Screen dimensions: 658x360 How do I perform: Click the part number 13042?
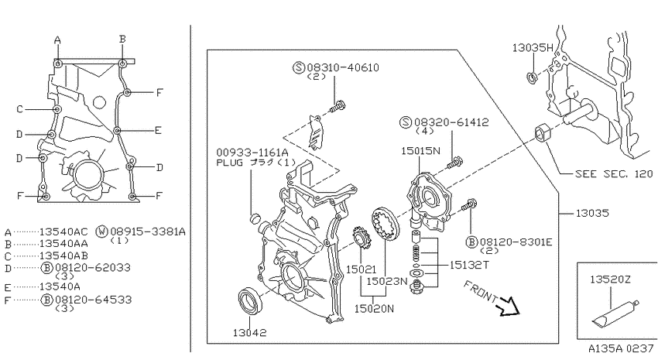pyautogui.click(x=250, y=333)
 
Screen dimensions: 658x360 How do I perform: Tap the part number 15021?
pyautogui.click(x=361, y=269)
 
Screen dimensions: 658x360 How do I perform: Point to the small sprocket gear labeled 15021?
pyautogui.click(x=360, y=238)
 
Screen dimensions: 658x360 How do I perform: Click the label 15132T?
pyautogui.click(x=469, y=265)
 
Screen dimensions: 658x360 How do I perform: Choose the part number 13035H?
pyautogui.click(x=533, y=48)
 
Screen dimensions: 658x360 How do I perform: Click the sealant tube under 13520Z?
pyautogui.click(x=615, y=313)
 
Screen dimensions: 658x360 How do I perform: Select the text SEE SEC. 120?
pyautogui.click(x=614, y=173)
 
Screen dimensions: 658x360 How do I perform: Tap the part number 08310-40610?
pyautogui.click(x=343, y=67)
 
